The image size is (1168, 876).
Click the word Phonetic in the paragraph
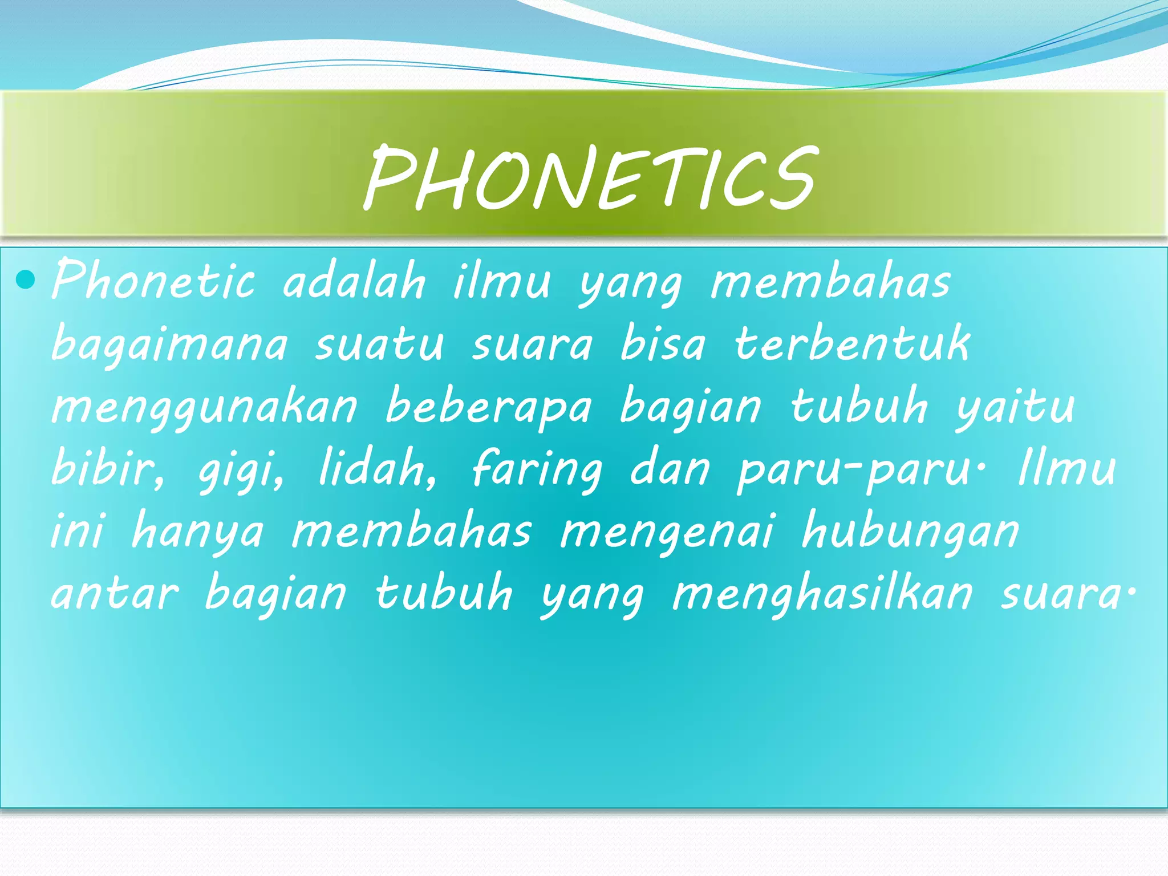pyautogui.click(x=153, y=279)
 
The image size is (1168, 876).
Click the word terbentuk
pyautogui.click(x=852, y=343)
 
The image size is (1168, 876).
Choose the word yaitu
pyautogui.click(x=1016, y=406)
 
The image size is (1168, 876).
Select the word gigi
pyautogui.click(x=240, y=471)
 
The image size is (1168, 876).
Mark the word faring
pyautogui.click(x=537, y=471)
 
